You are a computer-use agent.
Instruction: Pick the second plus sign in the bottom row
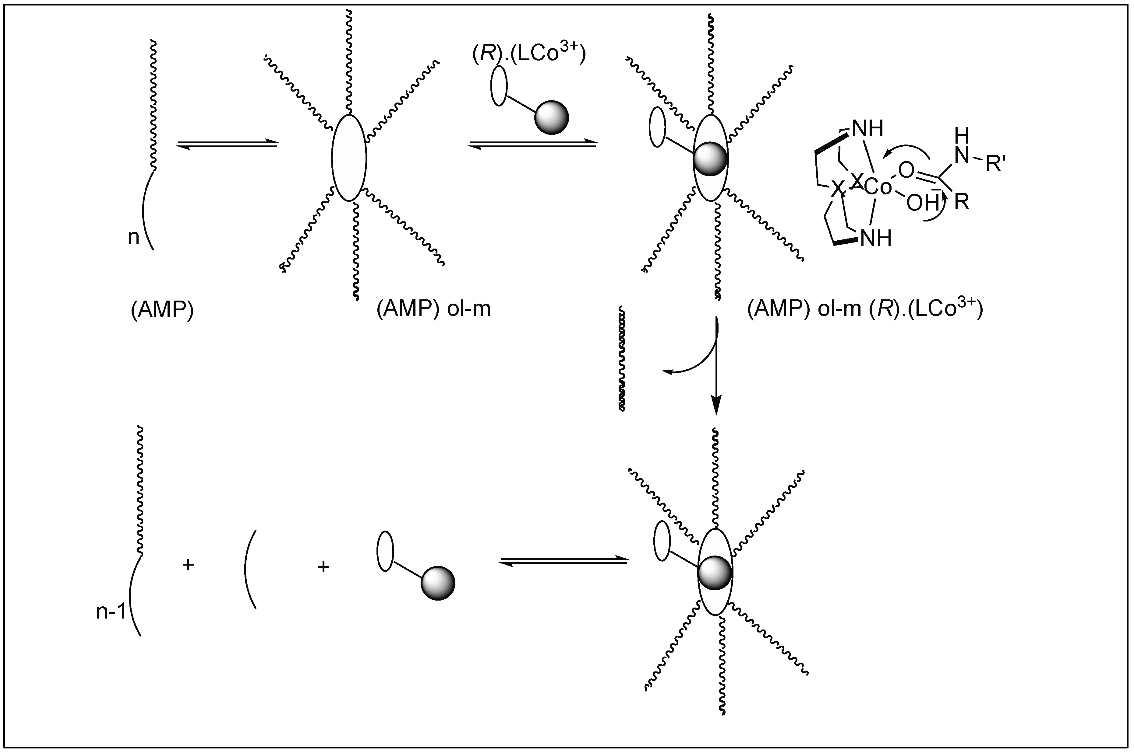coord(323,567)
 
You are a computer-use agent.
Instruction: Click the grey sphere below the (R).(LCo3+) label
coord(551,117)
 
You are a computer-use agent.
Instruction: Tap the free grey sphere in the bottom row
coord(438,584)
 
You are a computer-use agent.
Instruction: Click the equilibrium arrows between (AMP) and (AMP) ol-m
coord(227,144)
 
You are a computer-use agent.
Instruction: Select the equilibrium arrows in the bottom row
coord(563,561)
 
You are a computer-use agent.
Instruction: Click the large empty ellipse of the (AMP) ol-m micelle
coord(349,158)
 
